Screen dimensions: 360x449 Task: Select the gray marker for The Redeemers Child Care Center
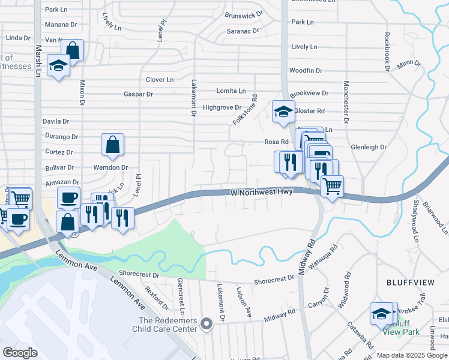(206, 324)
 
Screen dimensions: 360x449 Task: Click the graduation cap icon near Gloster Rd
(283, 112)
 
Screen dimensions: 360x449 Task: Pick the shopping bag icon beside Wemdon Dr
(112, 145)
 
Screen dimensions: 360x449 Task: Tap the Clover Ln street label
(160, 79)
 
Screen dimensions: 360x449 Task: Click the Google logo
(20, 353)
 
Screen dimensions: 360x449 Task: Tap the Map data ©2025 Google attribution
(412, 355)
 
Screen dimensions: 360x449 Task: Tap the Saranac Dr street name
(243, 30)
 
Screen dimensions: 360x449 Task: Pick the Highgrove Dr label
(221, 107)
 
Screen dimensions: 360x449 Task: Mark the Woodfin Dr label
(306, 70)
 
